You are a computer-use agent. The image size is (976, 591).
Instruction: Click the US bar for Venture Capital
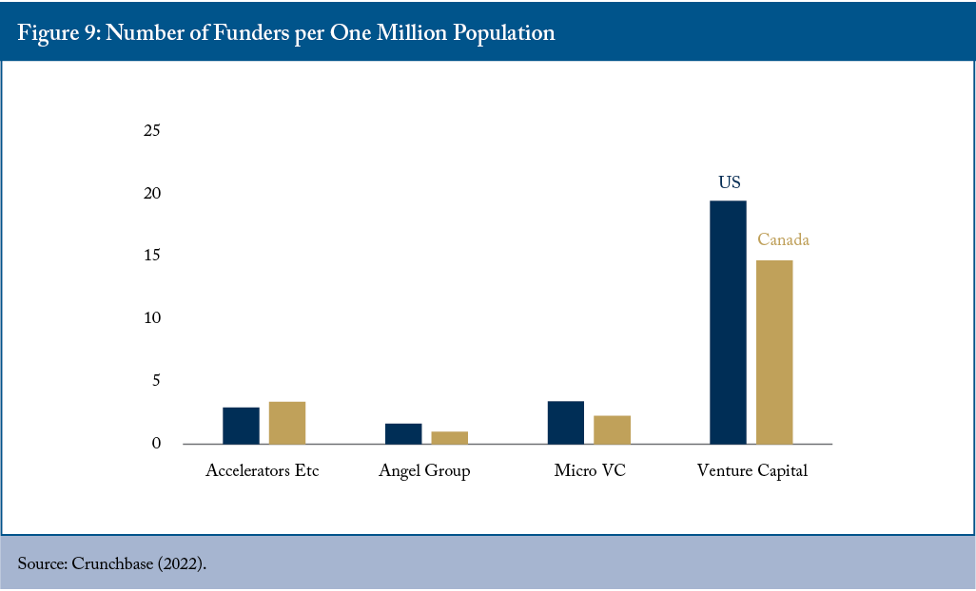(728, 322)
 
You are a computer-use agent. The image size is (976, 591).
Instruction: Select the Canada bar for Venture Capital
(774, 352)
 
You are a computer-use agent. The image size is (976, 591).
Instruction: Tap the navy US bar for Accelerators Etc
(241, 426)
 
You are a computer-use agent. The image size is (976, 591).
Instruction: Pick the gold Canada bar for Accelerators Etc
(287, 423)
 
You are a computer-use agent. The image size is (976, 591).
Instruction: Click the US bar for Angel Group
(403, 434)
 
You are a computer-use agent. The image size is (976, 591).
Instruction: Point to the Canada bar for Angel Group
(449, 437)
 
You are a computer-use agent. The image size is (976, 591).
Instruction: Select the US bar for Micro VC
(566, 423)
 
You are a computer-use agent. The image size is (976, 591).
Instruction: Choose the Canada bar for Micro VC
(612, 429)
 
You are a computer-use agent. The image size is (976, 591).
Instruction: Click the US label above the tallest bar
(730, 182)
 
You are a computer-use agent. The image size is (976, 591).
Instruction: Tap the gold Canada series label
(783, 239)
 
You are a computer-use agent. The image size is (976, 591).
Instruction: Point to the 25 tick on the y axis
(152, 130)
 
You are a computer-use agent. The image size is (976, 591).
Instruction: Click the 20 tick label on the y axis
(152, 193)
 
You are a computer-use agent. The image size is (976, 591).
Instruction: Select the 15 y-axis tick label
(152, 256)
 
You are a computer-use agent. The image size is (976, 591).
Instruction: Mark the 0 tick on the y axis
(156, 443)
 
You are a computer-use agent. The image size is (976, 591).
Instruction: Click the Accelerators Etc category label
(262, 470)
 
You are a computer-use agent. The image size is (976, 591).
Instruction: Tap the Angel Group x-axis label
(424, 471)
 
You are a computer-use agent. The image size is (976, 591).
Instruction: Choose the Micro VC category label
(590, 470)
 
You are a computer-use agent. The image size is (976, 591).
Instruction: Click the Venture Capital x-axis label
(752, 471)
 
